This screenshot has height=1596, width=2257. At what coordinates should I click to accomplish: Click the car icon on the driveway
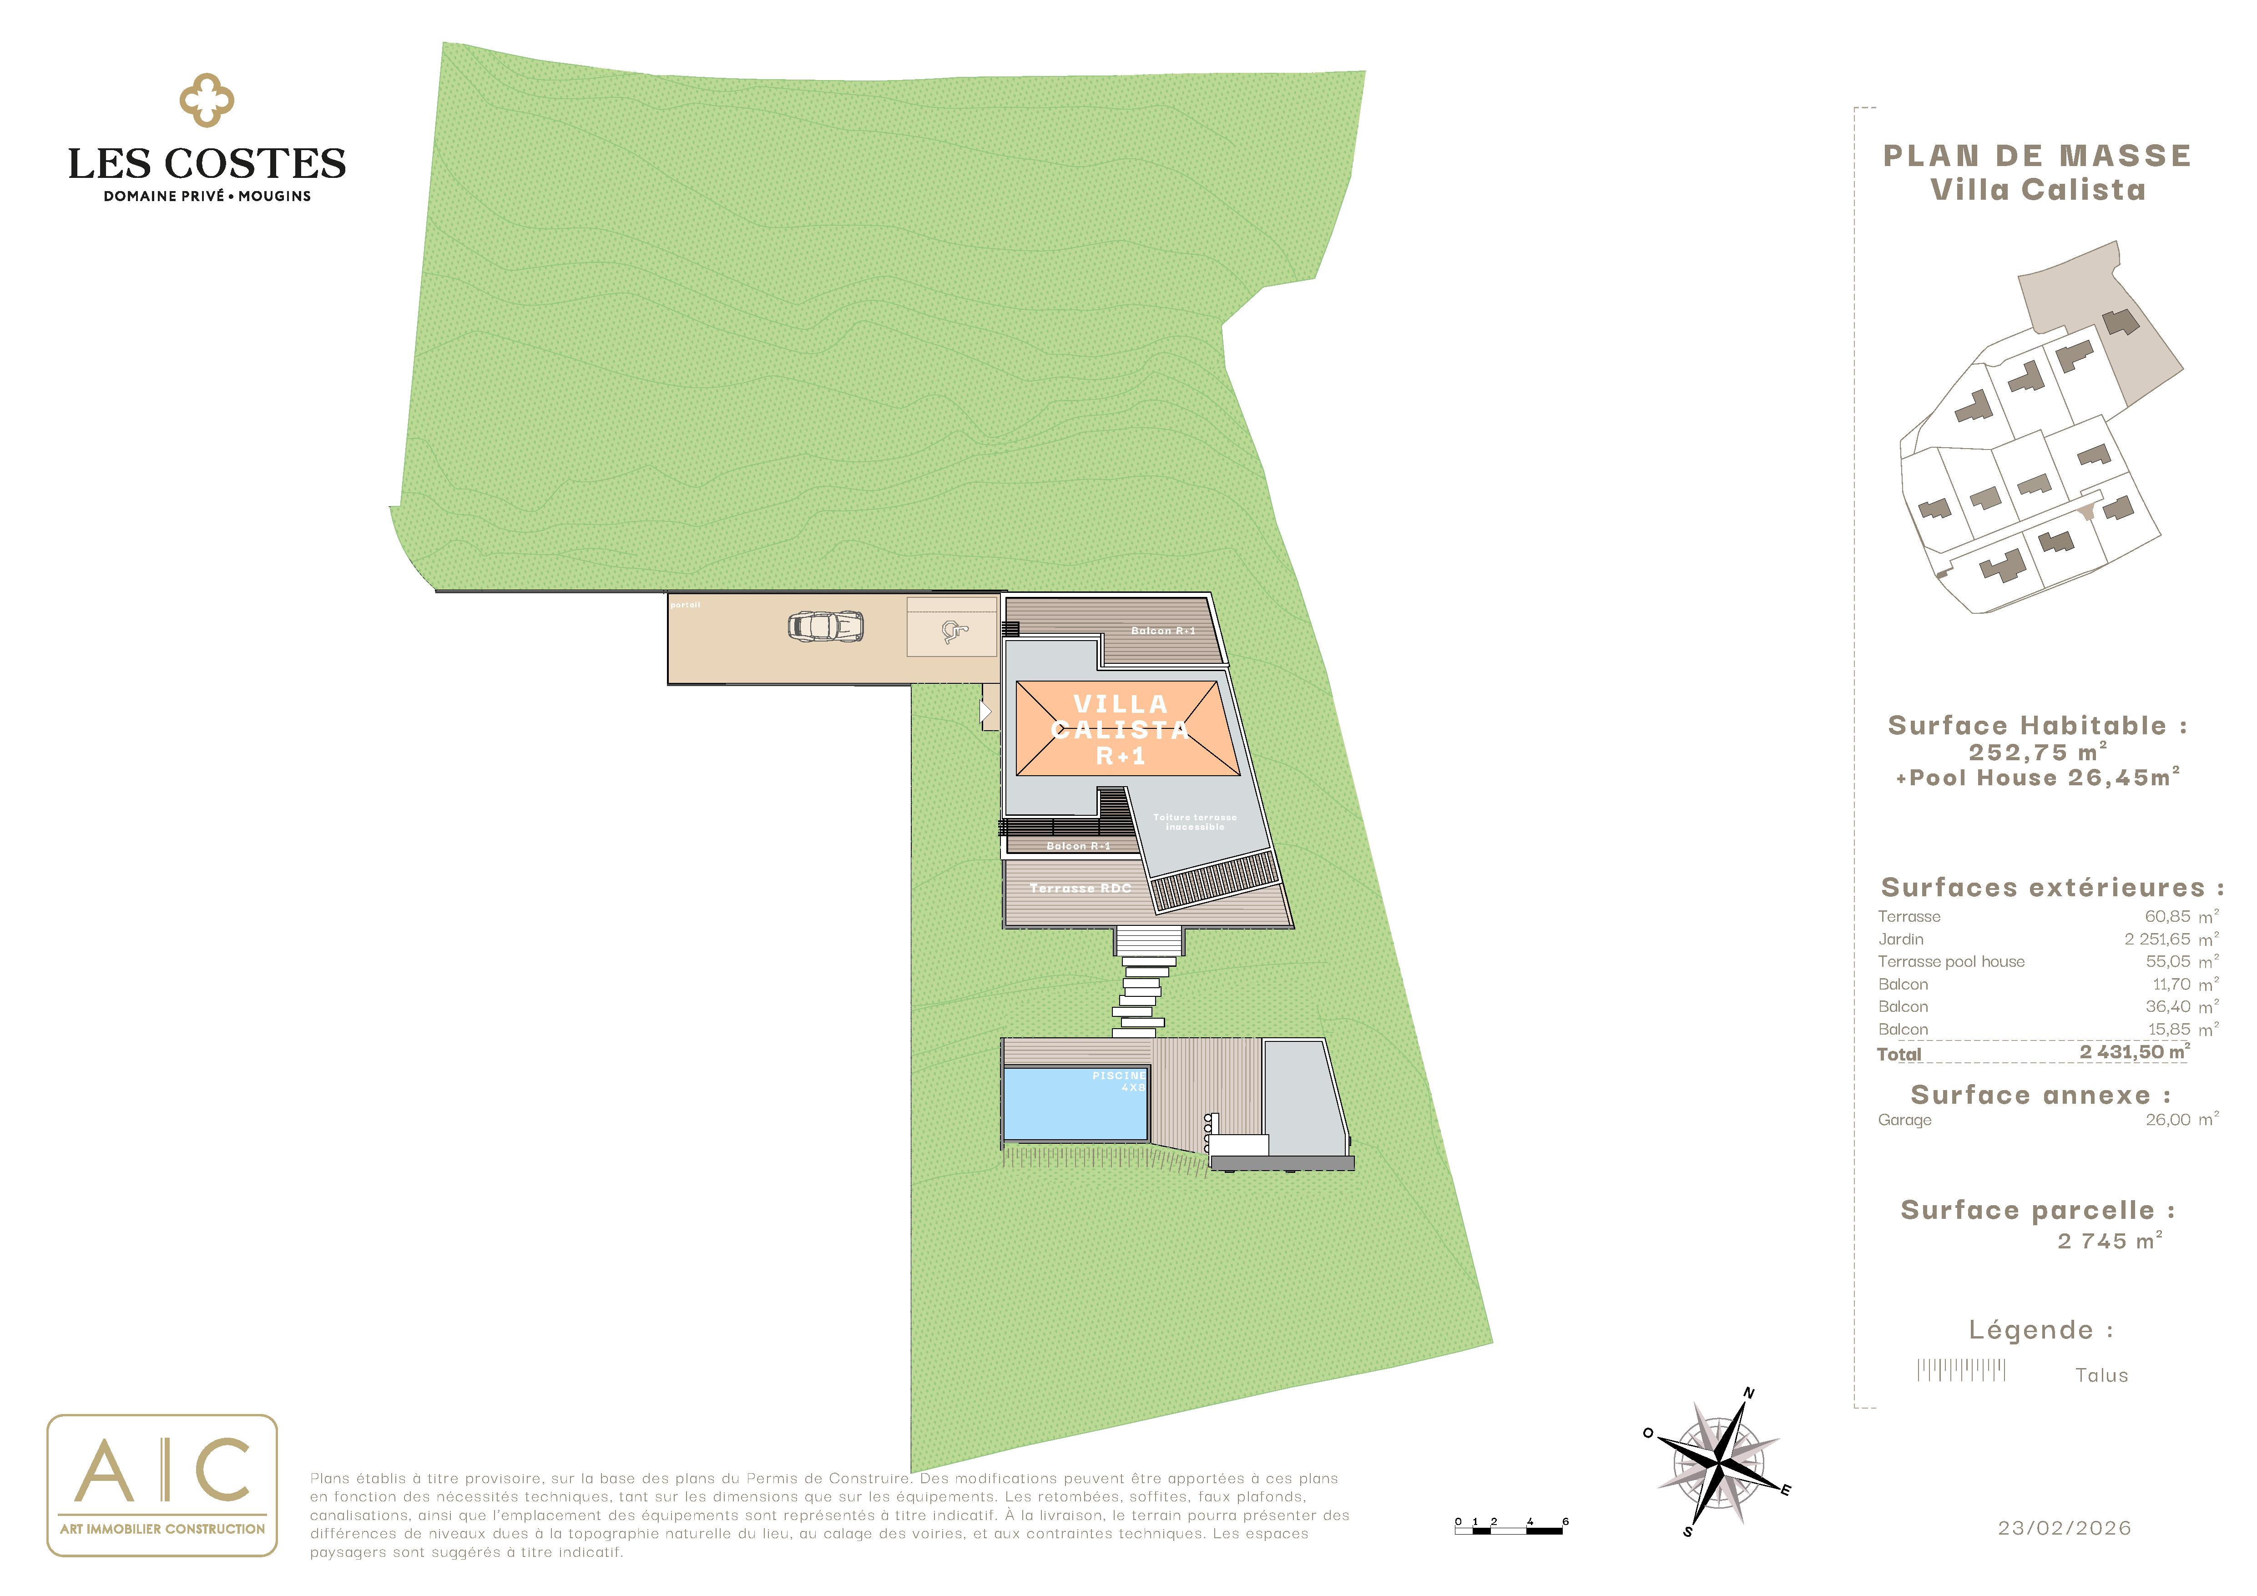click(826, 626)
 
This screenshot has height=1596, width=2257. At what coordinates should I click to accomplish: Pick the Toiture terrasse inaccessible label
click(1194, 822)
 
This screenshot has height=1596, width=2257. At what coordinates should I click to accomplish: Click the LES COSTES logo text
click(207, 163)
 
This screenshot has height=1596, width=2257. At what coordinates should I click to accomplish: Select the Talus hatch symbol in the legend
click(1961, 1370)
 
